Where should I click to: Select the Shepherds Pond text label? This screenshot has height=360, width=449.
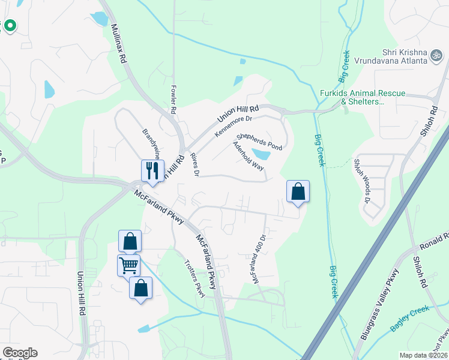click(x=259, y=142)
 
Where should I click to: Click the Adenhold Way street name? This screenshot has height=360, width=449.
click(x=248, y=157)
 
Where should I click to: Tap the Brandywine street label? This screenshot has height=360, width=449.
click(x=150, y=142)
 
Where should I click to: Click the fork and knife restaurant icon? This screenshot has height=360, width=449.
click(x=152, y=169)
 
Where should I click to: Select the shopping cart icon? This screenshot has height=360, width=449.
click(x=128, y=264)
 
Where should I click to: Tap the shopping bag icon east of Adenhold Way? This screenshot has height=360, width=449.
click(x=298, y=191)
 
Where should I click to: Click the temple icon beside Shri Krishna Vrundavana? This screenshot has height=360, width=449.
click(x=437, y=56)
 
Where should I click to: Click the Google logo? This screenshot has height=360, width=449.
click(x=19, y=353)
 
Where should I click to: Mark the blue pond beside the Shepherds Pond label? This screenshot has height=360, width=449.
click(x=261, y=155)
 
